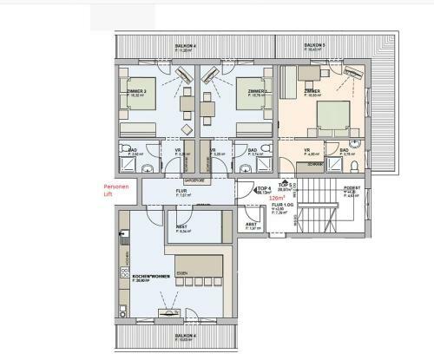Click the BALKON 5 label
(x=314, y=44)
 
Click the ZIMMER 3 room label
(x=138, y=92)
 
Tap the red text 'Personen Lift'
(x=115, y=191)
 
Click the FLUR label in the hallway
(x=182, y=192)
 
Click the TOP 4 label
(x=265, y=188)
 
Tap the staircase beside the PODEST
(x=317, y=208)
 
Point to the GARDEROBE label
(x=193, y=180)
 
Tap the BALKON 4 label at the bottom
(x=184, y=335)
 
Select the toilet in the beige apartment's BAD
(x=353, y=164)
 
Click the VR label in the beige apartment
(x=307, y=150)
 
